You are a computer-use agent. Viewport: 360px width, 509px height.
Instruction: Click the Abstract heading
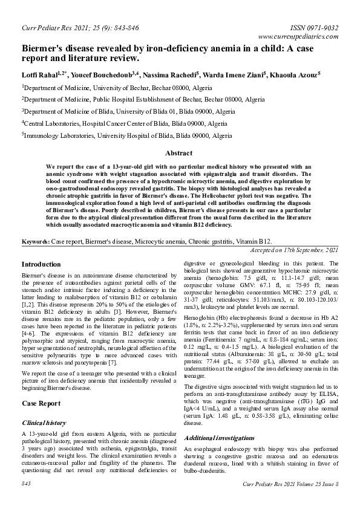coord(178,154)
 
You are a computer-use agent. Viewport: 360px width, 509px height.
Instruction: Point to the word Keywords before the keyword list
coord(35,241)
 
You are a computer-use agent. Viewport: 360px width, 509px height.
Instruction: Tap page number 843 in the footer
coord(26,484)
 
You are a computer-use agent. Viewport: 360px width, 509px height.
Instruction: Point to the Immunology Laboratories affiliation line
coord(129,136)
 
